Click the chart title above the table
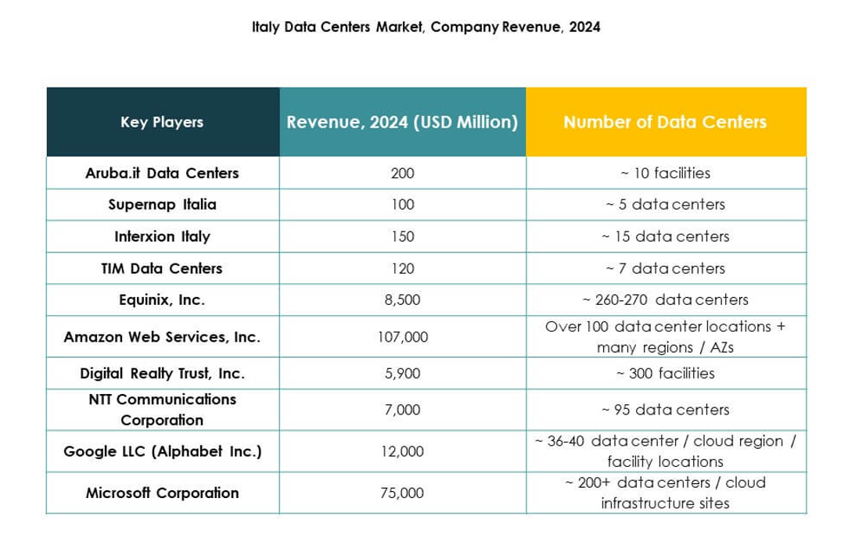coord(426,27)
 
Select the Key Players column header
coord(162,122)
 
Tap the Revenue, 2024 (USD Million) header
coord(402,122)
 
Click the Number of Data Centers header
coord(665,122)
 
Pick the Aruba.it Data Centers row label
coord(162,173)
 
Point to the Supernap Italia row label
coord(162,205)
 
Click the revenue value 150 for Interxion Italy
coord(402,236)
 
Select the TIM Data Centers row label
coord(162,268)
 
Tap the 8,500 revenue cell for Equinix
coord(402,300)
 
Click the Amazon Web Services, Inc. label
coord(162,337)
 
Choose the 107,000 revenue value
coord(402,337)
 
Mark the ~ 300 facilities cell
coord(665,373)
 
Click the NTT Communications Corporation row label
coord(162,410)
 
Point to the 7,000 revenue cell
coord(402,410)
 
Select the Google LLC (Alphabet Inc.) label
coord(162,451)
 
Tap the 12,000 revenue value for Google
coord(402,451)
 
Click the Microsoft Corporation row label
coord(162,493)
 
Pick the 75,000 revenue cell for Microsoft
coord(402,493)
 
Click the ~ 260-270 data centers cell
coord(665,300)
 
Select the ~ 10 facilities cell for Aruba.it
coord(665,173)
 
